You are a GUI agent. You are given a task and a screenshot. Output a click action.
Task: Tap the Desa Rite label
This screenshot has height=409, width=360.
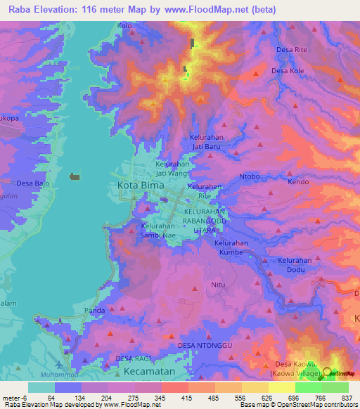(292, 50)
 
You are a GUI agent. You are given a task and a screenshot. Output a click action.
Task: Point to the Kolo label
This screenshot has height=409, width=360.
(125, 26)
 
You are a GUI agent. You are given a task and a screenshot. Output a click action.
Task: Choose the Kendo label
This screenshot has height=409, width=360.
(298, 182)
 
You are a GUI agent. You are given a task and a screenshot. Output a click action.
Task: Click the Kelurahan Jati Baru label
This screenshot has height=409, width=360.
(206, 143)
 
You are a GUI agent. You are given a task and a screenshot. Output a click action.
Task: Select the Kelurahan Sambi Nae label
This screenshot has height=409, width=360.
(157, 231)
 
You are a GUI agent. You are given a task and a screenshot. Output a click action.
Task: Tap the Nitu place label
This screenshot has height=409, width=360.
(217, 285)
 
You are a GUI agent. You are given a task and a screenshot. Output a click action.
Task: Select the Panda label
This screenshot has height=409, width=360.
(94, 310)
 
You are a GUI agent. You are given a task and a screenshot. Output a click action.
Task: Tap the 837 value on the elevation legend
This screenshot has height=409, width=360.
(346, 398)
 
